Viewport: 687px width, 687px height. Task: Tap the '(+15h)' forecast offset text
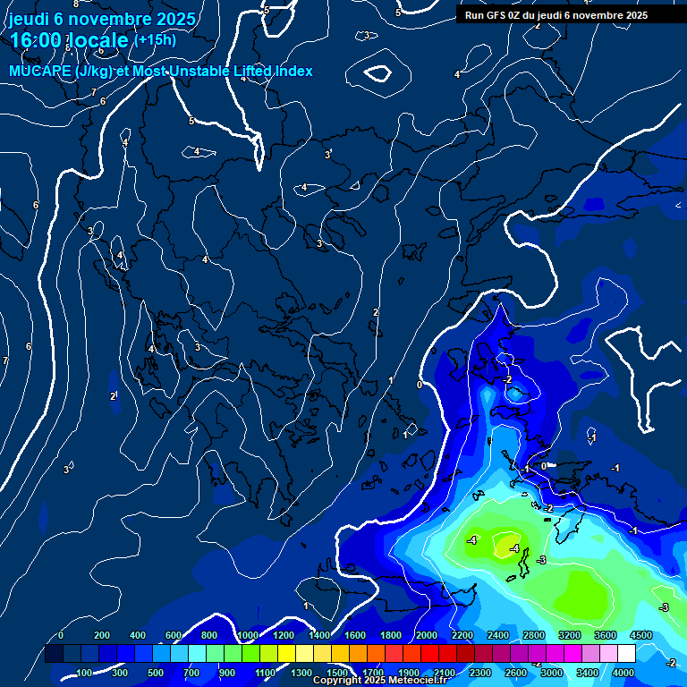pos(155,39)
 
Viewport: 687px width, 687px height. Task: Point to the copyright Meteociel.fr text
pos(392,681)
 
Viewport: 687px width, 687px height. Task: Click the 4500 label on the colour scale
pos(641,635)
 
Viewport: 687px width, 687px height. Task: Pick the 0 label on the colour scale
pos(61,635)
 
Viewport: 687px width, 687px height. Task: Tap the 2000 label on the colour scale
pos(427,635)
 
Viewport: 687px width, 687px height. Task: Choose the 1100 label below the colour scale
pos(266,673)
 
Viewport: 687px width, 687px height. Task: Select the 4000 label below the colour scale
pos(623,673)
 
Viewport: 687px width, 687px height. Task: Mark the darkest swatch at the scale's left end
pos(54,654)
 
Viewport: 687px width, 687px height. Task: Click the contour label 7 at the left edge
pos(5,360)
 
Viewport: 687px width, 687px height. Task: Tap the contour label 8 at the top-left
pos(76,4)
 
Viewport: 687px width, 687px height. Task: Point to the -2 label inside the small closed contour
pos(507,380)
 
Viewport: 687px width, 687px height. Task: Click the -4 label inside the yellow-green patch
pos(513,548)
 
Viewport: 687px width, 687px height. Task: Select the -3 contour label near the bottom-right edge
pos(664,607)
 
